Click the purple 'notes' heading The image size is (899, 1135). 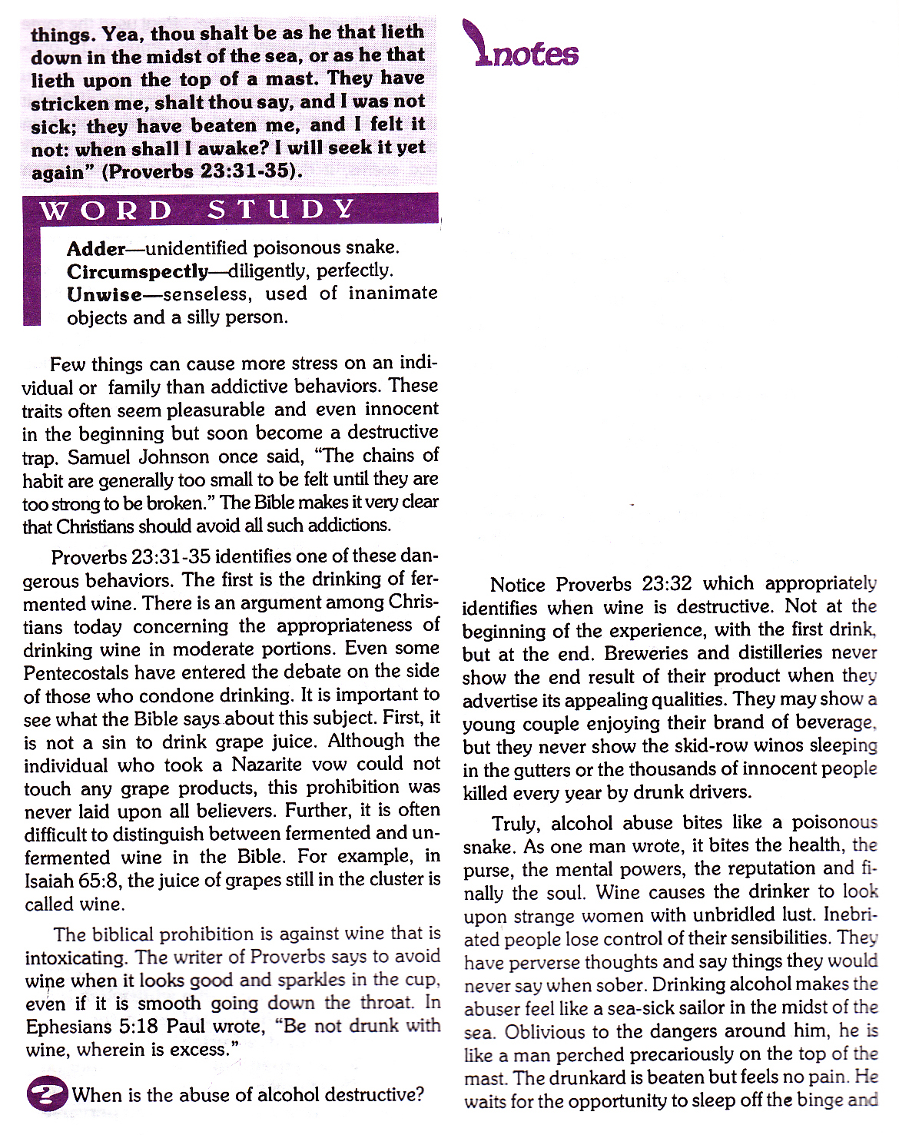526,51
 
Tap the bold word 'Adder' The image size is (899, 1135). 96,248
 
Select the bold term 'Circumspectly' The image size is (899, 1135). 137,271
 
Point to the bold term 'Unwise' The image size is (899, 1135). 104,294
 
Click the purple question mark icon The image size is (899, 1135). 46,1094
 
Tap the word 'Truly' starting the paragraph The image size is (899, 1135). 516,823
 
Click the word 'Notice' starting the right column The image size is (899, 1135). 517,585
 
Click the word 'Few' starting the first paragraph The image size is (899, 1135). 66,363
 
